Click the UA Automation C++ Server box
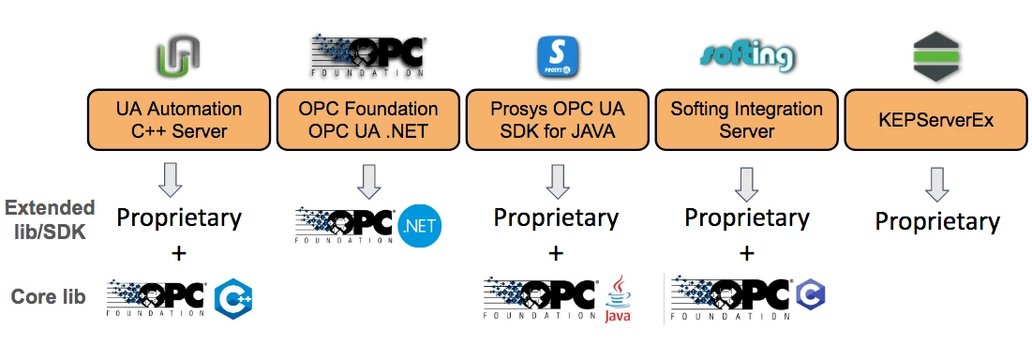point(179,120)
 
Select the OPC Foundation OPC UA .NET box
point(367,120)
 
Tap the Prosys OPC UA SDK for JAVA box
point(557,120)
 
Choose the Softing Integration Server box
point(746,120)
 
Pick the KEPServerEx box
point(935,120)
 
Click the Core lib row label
point(48,297)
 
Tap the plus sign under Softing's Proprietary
point(746,253)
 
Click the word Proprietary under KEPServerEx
point(937,222)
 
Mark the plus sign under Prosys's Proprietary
point(556,253)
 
